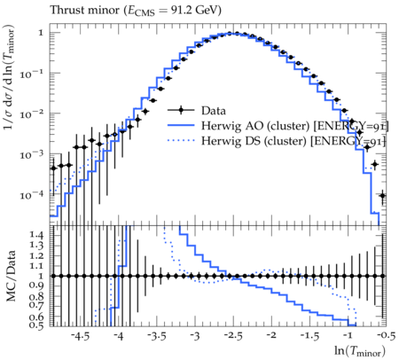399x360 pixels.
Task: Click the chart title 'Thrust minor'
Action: [x=85, y=10]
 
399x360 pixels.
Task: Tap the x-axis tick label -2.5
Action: [x=233, y=336]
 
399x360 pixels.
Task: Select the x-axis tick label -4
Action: [x=118, y=336]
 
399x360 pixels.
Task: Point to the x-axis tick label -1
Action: [x=348, y=336]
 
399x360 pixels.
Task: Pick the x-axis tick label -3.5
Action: [x=157, y=336]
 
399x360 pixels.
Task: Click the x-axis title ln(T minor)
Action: [x=360, y=351]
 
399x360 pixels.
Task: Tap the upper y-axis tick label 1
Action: [x=41, y=33]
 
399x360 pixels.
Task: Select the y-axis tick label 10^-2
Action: [x=31, y=113]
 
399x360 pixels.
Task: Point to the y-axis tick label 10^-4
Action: [x=31, y=195]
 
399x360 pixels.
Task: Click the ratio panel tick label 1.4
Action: [x=36, y=235]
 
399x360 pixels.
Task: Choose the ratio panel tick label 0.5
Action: [x=36, y=325]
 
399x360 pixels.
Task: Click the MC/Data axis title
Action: [x=11, y=276]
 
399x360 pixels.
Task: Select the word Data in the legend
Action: [x=214, y=111]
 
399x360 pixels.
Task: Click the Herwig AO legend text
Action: [x=294, y=126]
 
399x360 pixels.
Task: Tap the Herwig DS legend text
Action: [x=293, y=141]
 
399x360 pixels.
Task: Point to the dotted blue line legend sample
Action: [x=181, y=141]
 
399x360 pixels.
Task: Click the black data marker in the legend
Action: [x=181, y=110]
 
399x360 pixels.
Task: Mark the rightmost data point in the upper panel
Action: [x=382, y=195]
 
